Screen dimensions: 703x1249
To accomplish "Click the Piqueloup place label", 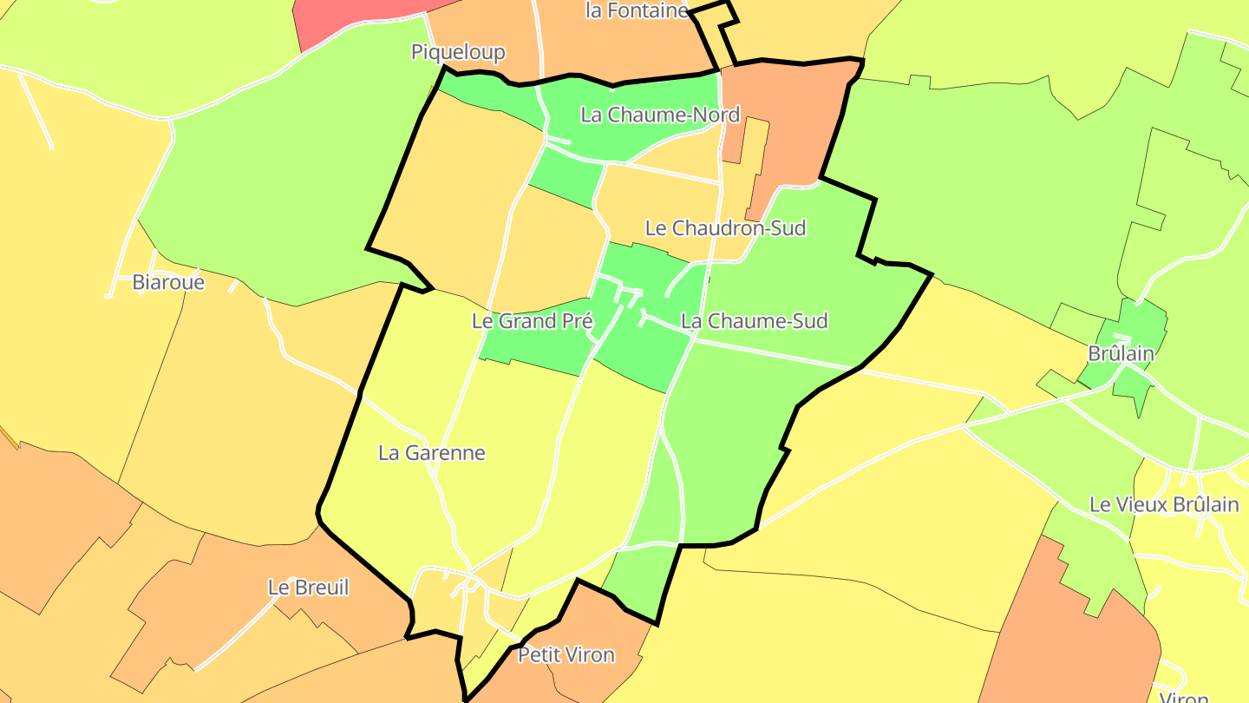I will point(458,53).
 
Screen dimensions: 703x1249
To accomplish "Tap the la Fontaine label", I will point(638,10).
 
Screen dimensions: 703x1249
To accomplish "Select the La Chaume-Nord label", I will point(659,115).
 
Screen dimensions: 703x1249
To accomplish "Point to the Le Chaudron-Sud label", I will point(725,228).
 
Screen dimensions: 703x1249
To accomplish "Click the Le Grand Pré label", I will point(532,321).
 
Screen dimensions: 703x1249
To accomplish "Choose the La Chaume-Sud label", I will point(754,321).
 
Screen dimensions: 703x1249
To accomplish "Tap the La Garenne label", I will point(432,453).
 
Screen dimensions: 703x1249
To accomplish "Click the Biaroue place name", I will point(168,282).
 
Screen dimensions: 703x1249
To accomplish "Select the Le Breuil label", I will point(308,588).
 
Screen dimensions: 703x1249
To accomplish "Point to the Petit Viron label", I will point(566,655).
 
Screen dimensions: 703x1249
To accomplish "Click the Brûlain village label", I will point(1121,354).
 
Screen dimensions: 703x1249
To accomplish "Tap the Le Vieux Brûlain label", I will point(1164,505).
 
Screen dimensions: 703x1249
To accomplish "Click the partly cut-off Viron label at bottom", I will point(1184,697).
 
